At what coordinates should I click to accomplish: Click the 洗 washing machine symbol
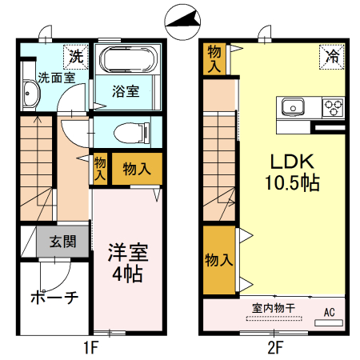(x=75, y=56)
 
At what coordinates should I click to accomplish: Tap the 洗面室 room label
(x=35, y=78)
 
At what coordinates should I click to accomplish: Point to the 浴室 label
(x=126, y=90)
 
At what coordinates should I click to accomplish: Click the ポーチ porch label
(x=54, y=298)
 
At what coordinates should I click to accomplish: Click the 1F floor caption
(x=90, y=347)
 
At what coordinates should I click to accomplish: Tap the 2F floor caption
(x=275, y=347)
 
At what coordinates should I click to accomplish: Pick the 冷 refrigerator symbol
(x=330, y=56)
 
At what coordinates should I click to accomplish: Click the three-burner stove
(x=332, y=106)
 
